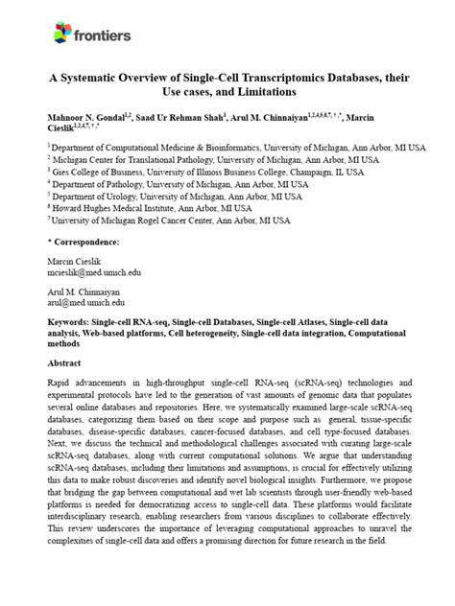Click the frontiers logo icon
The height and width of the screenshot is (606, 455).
60,35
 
